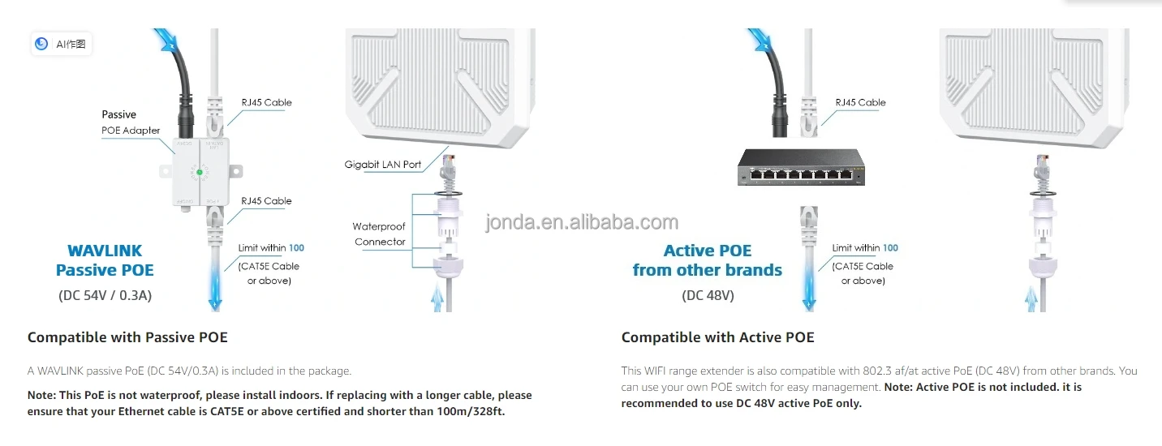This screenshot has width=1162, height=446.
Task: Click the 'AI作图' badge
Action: pyautogui.click(x=62, y=44)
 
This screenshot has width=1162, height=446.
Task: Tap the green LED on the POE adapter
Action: pyautogui.click(x=199, y=171)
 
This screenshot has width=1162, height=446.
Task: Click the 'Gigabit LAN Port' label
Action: pyautogui.click(x=383, y=165)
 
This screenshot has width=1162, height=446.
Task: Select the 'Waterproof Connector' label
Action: pyautogui.click(x=379, y=234)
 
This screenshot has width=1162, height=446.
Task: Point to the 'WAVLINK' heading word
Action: pyautogui.click(x=105, y=251)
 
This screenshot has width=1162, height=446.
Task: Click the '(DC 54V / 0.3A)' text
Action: pyautogui.click(x=105, y=295)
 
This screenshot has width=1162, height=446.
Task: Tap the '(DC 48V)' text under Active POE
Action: pyautogui.click(x=708, y=295)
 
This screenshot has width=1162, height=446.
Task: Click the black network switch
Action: pyautogui.click(x=799, y=168)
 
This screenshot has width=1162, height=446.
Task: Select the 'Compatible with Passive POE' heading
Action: pyautogui.click(x=127, y=337)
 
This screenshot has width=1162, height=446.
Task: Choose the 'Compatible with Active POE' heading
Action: pyautogui.click(x=717, y=337)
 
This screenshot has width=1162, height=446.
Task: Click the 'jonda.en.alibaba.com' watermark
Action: pyautogui.click(x=582, y=223)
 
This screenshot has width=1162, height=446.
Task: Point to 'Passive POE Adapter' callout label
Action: pyautogui.click(x=130, y=122)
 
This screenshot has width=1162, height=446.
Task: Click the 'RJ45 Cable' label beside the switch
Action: pyautogui.click(x=860, y=103)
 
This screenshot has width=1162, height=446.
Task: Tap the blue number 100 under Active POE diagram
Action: pyautogui.click(x=890, y=248)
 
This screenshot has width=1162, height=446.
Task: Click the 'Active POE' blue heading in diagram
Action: pyautogui.click(x=708, y=251)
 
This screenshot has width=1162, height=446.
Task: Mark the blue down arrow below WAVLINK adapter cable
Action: pyautogui.click(x=214, y=292)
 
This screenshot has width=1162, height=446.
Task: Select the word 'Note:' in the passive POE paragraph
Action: pyautogui.click(x=44, y=396)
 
